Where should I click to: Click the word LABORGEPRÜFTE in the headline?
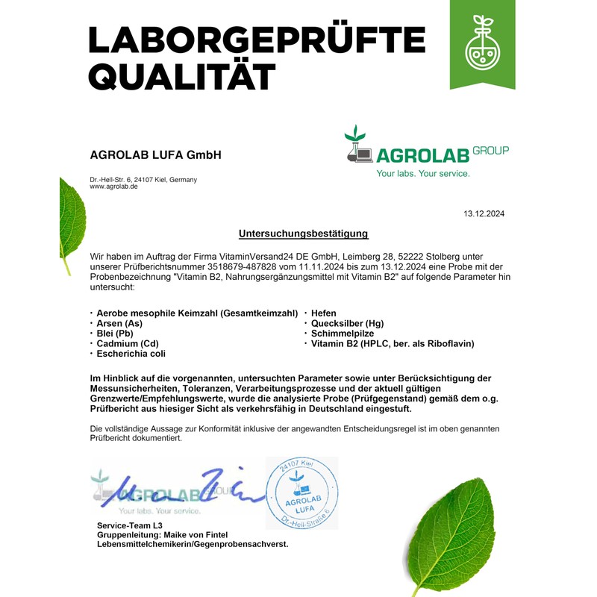pyautogui.click(x=256, y=39)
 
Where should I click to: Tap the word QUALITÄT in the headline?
pyautogui.click(x=181, y=75)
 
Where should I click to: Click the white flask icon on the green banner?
pyautogui.click(x=482, y=46)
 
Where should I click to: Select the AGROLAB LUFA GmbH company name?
pyautogui.click(x=155, y=155)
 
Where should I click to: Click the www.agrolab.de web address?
pyautogui.click(x=113, y=187)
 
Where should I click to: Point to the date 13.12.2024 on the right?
pyautogui.click(x=484, y=213)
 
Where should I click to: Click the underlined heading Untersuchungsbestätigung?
pyautogui.click(x=304, y=234)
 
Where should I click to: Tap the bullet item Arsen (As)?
pyautogui.click(x=119, y=323)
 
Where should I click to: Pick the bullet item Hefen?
pyautogui.click(x=323, y=313)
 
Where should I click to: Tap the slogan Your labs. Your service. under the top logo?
pyautogui.click(x=423, y=173)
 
